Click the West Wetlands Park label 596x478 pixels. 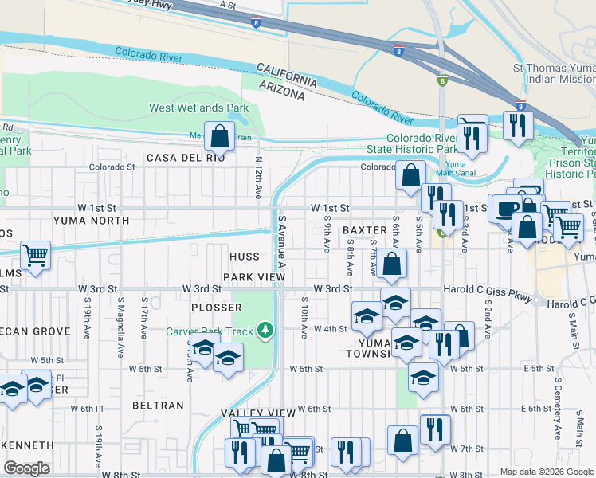pos(198,108)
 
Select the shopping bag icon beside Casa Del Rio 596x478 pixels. pos(219,136)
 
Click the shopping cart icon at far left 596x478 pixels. pos(35,257)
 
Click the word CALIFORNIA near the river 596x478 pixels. pos(288,78)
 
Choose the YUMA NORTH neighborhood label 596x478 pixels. pos(90,220)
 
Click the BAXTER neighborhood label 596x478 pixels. pos(364,229)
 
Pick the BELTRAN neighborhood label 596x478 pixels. pos(159,406)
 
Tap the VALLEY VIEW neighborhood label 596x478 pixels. pos(257,413)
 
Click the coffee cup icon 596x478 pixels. pos(506,209)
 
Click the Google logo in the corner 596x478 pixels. pos(27,468)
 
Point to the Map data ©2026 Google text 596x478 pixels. pos(546,472)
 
